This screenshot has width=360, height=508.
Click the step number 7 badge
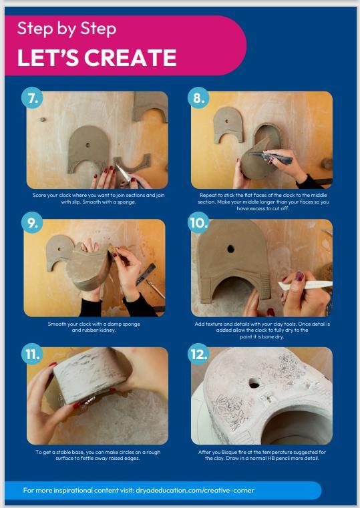[x=32, y=97]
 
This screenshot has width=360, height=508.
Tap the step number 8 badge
[x=198, y=97]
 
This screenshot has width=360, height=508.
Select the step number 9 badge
[x=32, y=222]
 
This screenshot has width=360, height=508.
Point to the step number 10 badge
[x=198, y=222]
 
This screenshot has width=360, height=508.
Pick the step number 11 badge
[x=32, y=354]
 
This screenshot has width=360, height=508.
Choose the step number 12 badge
[x=198, y=354]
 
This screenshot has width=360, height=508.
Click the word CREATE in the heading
[x=130, y=57]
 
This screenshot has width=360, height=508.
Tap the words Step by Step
[x=67, y=29]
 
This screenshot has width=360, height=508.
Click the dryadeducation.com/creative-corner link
[x=195, y=490]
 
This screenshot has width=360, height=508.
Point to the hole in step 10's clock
[x=230, y=249]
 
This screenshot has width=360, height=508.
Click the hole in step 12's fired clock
[x=254, y=384]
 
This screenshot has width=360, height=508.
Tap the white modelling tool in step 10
[x=305, y=286]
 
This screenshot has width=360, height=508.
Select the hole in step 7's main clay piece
[x=87, y=145]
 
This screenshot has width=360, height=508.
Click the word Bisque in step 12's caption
[x=229, y=452]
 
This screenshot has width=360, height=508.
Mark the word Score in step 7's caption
[x=39, y=195]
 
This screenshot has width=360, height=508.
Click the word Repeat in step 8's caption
[x=208, y=195]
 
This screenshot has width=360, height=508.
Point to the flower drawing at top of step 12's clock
[x=286, y=363]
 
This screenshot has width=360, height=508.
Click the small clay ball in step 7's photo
[x=43, y=119]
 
